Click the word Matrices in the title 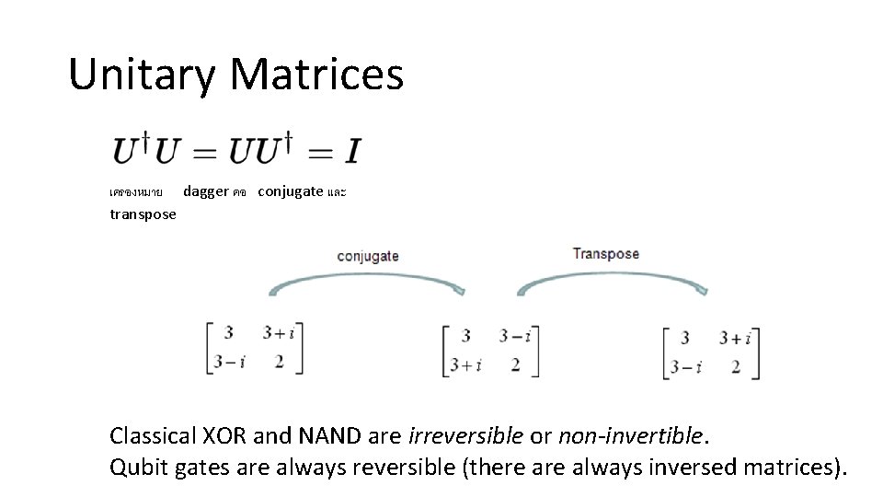point(316,75)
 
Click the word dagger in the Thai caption point(206,191)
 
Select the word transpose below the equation point(143,214)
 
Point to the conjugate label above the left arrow point(368,256)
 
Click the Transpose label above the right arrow point(605,253)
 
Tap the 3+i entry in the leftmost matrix point(282,334)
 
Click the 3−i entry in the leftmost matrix point(229,362)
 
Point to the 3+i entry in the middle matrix point(466,364)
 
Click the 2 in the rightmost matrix point(736,366)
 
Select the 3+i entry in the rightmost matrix point(736,338)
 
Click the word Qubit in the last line point(134,467)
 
